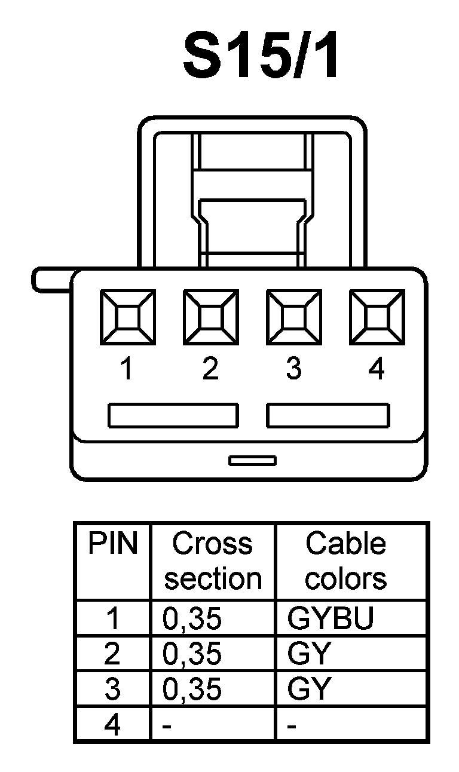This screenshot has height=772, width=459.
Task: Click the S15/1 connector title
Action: point(261,57)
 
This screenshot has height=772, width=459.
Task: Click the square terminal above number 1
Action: point(127,317)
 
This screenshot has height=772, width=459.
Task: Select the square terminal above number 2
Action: point(210,317)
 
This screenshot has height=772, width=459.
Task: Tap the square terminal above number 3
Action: point(293,317)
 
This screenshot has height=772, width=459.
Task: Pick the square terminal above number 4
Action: point(377,317)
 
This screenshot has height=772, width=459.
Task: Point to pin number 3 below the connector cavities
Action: point(293,370)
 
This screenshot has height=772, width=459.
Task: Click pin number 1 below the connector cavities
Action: point(126,370)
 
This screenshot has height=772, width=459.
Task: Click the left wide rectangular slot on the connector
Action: point(173,416)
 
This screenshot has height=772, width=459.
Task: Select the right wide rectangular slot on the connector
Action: point(328,416)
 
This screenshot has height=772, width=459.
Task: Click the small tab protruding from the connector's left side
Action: point(51,280)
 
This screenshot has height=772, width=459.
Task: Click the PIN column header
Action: point(112,544)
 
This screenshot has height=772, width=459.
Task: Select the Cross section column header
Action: point(213,561)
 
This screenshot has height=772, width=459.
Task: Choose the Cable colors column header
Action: point(346,561)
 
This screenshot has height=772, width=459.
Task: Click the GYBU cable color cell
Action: point(330,619)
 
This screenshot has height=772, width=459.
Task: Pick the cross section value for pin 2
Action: point(192,655)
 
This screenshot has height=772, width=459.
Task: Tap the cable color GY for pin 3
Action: point(308,689)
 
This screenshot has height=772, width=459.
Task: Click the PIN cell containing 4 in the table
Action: point(112,725)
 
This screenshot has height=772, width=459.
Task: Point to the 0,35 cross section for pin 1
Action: point(192,620)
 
